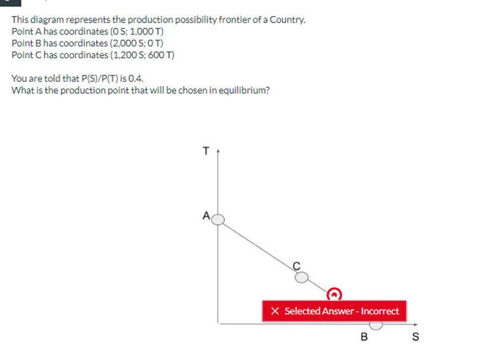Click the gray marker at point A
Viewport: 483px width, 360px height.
[218, 220]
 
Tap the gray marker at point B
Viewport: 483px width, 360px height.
[376, 324]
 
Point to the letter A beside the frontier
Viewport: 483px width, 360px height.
[206, 216]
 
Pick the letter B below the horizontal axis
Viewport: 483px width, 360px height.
[365, 338]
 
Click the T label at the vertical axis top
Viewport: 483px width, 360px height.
[206, 151]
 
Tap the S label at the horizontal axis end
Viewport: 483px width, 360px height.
[415, 338]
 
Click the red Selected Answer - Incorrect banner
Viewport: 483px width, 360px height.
[335, 311]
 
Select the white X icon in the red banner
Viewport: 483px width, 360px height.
[275, 311]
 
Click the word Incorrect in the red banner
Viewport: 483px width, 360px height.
[380, 311]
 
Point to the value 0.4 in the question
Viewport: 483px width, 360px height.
[136, 78]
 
